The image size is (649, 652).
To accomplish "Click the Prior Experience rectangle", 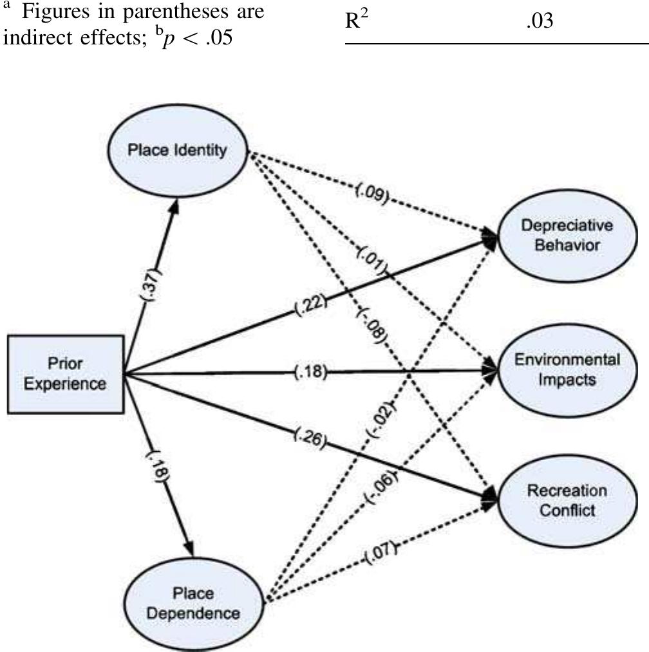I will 65,373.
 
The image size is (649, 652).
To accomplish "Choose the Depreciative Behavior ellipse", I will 567,236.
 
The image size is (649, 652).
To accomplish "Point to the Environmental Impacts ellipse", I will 567,369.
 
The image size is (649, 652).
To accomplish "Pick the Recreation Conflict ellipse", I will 567,500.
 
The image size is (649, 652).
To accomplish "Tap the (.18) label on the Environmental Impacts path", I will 312,373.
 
